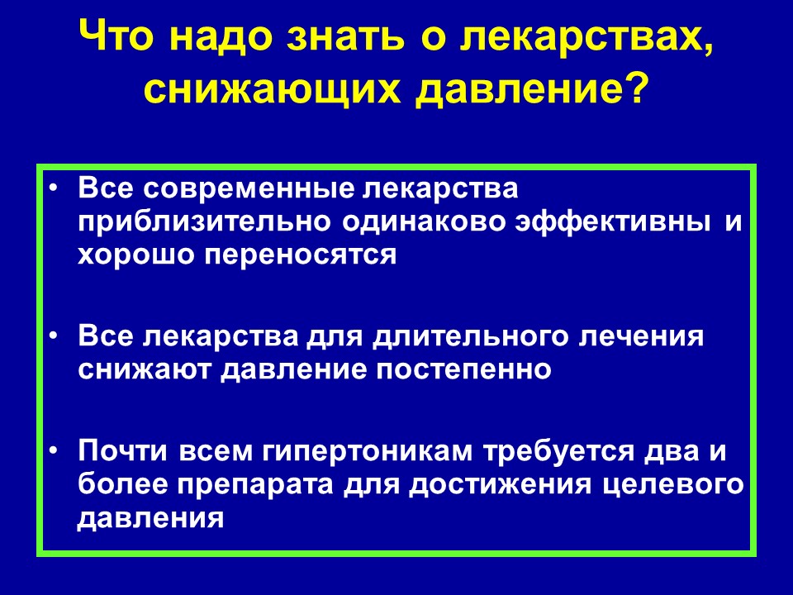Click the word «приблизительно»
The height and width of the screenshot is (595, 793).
tap(205, 223)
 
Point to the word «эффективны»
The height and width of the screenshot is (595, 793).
tap(612, 223)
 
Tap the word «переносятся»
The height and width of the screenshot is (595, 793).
tap(301, 255)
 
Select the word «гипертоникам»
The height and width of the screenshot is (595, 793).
tap(368, 452)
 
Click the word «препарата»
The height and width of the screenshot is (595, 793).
tap(255, 486)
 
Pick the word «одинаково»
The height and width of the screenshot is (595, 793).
tap(423, 223)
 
